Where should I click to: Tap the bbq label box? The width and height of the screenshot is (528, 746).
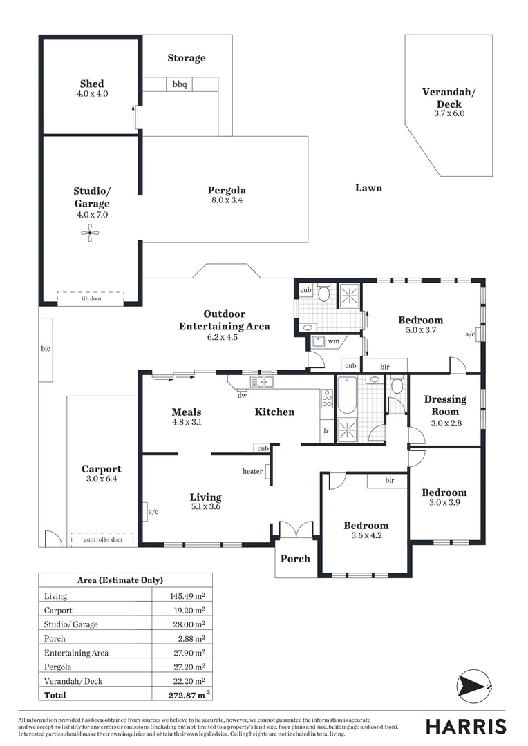[x=180, y=84]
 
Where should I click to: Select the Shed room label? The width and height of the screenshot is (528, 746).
[x=92, y=84]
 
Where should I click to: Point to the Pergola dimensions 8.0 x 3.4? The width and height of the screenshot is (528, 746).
[x=227, y=200]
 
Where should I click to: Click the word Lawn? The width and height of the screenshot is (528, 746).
[x=368, y=188]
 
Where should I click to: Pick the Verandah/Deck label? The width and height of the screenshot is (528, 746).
[x=449, y=98]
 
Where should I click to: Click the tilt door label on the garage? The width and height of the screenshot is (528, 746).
[x=91, y=298]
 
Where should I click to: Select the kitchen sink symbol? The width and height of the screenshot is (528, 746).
[x=262, y=381]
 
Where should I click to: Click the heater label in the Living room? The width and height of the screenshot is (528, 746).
[x=252, y=472]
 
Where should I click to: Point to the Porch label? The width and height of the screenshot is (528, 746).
[x=296, y=558]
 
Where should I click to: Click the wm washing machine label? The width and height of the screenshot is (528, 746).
[x=333, y=341]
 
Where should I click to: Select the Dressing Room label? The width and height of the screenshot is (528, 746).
[x=445, y=405]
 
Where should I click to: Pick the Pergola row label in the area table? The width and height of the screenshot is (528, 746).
[x=59, y=667]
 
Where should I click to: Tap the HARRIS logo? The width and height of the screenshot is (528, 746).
[x=465, y=726]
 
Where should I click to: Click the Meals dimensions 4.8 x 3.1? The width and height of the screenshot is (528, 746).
[x=187, y=422]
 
